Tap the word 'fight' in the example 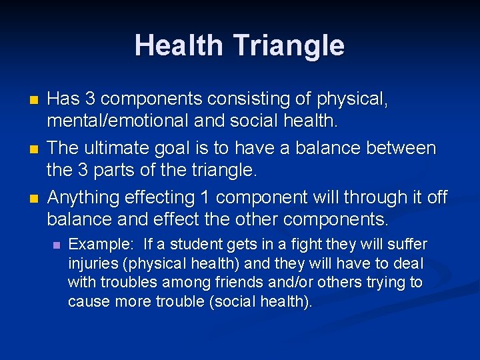click(303, 244)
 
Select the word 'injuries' click(92, 263)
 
